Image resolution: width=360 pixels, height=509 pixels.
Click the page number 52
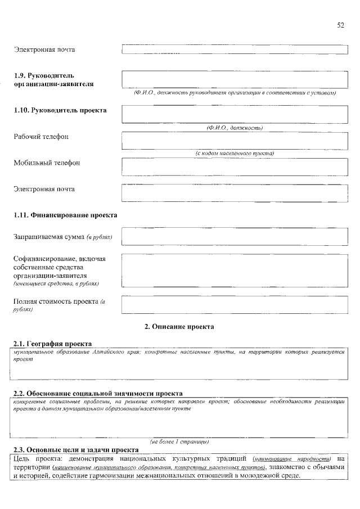(340, 25)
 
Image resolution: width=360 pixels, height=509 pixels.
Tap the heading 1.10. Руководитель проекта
(60, 110)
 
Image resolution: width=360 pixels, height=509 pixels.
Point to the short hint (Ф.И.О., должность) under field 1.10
(235, 128)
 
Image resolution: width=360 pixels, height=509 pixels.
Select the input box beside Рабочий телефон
(234, 141)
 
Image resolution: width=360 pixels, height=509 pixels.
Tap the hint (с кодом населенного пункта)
(235, 154)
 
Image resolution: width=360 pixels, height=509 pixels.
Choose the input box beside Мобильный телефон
(234, 167)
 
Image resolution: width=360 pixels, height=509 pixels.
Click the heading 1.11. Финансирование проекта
(65, 215)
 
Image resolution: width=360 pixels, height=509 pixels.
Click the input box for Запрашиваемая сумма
(234, 236)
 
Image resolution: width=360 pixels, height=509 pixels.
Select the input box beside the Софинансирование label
(234, 271)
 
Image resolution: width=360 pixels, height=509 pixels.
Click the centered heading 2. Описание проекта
(179, 326)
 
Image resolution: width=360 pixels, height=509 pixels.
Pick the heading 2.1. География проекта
(53, 344)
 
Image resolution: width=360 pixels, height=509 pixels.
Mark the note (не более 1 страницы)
(179, 442)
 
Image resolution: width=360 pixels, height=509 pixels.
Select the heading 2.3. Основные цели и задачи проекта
(76, 450)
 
